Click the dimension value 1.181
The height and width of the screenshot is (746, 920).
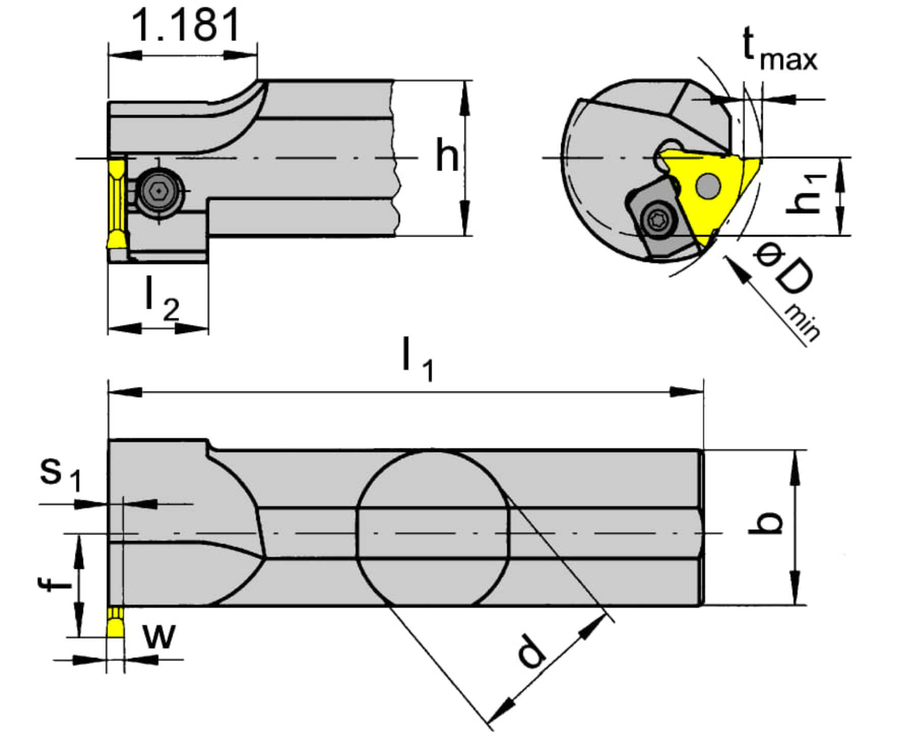(186, 25)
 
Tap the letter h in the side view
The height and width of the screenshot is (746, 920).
(447, 156)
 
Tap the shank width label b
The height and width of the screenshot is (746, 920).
(767, 523)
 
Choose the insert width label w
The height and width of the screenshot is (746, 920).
(159, 636)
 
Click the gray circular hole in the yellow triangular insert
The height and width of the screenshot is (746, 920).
(708, 186)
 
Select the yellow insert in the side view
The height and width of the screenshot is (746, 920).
(116, 203)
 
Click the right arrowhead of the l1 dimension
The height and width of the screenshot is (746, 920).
(686, 392)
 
